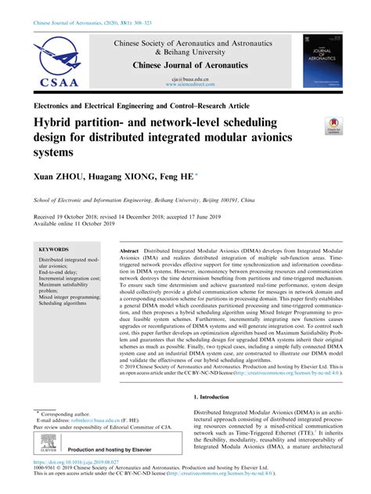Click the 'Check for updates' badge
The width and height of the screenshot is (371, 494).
pyautogui.click(x=334, y=127)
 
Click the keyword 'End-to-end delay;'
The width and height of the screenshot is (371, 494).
pyautogui.click(x=63, y=273)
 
